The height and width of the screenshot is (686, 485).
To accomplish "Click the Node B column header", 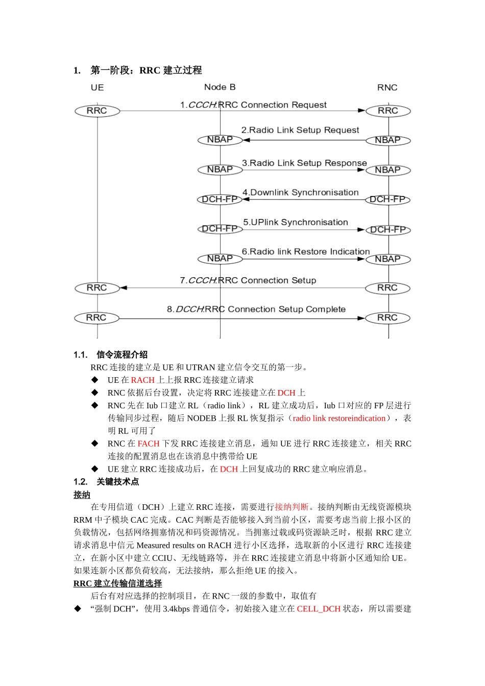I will (220, 87).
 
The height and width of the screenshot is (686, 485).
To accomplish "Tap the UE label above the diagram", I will (97, 88).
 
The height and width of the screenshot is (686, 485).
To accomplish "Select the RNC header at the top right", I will (387, 88).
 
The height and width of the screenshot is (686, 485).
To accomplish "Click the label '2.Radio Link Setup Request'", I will (300, 130).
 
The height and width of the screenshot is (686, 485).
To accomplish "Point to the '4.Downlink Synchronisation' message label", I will (300, 192).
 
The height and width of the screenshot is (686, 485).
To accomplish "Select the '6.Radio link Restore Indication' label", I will (305, 252).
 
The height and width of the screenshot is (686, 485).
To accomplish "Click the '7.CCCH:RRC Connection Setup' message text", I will (248, 280).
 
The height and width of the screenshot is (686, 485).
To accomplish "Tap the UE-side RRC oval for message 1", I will (97, 111).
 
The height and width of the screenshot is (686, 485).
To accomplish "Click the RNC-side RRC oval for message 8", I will (387, 318).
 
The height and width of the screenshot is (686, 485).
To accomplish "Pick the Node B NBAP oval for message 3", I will (220, 169).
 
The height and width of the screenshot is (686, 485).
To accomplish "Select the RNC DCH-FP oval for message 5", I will (388, 230).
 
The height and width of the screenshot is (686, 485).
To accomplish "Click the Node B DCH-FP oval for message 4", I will (220, 199).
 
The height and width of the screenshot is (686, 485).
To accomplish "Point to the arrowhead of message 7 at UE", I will (124, 288).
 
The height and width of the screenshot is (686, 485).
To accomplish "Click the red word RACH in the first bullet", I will (142, 380).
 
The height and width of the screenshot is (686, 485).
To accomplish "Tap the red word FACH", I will (149, 444).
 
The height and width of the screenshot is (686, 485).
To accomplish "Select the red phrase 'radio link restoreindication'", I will (339, 419).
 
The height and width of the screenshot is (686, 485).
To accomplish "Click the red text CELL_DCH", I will (319, 609).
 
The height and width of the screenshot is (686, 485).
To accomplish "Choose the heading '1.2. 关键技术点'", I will (106, 482).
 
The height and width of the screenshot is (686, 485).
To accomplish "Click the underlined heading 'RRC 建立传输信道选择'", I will (117, 583).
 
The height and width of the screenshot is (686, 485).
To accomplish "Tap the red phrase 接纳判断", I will (292, 507).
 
